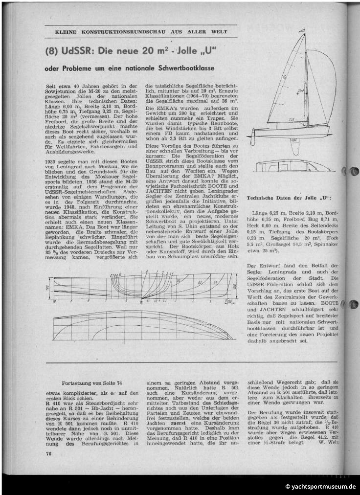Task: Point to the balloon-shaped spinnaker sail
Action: click(323, 83)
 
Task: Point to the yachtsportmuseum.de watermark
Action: click(320, 487)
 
